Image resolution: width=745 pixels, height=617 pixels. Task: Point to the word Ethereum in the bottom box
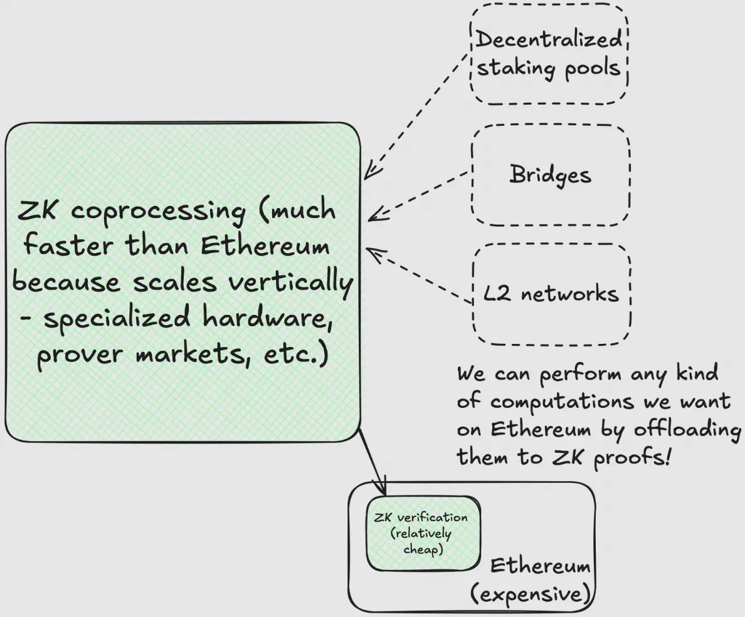540,566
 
